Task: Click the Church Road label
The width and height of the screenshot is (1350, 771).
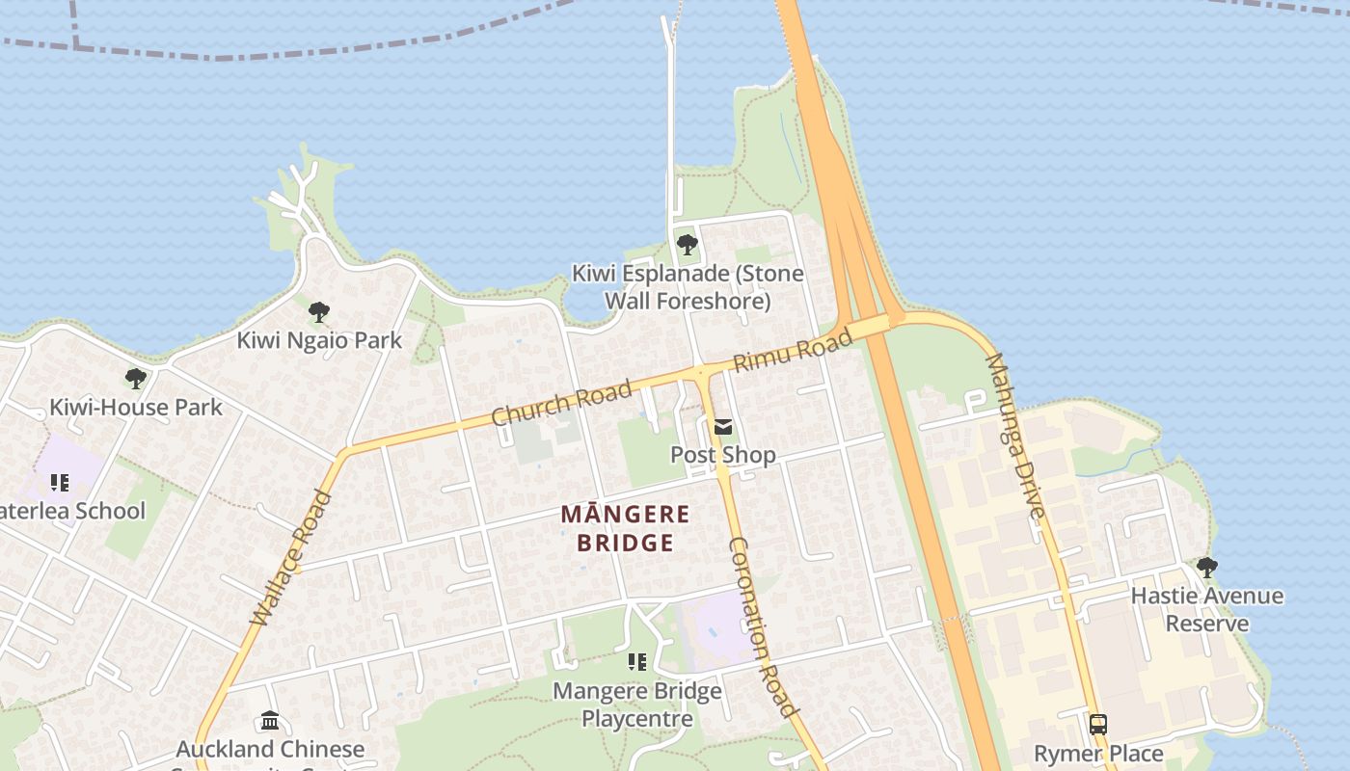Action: point(561,402)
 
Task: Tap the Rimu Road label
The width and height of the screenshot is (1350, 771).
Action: point(793,351)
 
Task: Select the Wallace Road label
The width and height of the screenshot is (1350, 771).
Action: point(290,559)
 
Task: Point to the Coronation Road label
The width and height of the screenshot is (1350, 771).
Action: point(763,626)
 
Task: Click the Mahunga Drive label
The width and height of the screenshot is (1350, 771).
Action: point(1014,436)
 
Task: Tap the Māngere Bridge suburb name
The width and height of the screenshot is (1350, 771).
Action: point(625,528)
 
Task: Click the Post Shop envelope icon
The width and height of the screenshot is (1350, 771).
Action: point(723,427)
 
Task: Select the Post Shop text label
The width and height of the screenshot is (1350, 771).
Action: point(723,455)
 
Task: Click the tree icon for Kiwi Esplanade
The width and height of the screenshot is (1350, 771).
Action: point(687,245)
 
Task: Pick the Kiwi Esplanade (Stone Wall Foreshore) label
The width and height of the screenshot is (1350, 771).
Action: point(688,287)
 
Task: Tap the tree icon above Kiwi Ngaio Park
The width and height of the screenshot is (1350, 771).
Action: point(319,312)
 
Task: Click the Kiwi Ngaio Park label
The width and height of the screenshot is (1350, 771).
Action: point(319,340)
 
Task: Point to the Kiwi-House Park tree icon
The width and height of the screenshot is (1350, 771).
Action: point(136,379)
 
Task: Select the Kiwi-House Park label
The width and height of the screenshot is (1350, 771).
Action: point(136,407)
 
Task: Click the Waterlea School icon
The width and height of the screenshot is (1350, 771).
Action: point(60,482)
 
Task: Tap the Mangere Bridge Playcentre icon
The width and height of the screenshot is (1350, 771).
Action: point(636,662)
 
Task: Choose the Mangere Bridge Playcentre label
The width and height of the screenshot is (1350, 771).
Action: point(636,705)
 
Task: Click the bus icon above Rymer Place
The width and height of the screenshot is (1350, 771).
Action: point(1097,725)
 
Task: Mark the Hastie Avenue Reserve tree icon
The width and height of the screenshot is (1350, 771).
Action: point(1206,568)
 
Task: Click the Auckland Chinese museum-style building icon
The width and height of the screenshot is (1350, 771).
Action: point(270,721)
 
